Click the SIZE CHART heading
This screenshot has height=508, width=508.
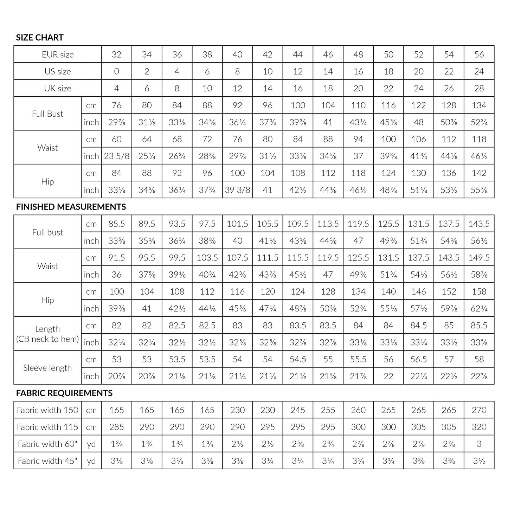coord(40,37)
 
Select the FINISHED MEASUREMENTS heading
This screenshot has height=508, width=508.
coord(71,207)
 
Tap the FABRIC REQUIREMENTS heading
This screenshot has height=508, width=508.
coord(64,393)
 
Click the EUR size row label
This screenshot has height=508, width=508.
coord(58,54)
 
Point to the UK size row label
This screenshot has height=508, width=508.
coord(58,88)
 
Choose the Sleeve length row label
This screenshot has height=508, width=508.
coord(47,368)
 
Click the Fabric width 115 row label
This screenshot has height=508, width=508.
coord(47,427)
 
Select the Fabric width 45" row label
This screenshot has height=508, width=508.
coord(47,461)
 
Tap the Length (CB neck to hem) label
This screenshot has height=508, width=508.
coord(47,334)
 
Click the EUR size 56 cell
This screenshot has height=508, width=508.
coord(479,54)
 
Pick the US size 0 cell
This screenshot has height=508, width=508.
coord(116,71)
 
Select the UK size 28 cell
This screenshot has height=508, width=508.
coord(479,88)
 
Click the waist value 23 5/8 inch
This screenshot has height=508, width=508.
coord(116,156)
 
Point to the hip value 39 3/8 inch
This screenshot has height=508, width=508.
coord(237,190)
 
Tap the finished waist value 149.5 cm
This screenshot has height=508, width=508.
coord(479,258)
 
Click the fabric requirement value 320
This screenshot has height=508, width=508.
coord(479,427)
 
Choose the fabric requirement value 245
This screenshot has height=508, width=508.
coord(298,410)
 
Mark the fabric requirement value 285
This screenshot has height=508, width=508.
coord(116,427)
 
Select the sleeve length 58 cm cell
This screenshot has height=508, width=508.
coord(479,359)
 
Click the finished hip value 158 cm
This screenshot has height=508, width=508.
coord(479,291)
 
